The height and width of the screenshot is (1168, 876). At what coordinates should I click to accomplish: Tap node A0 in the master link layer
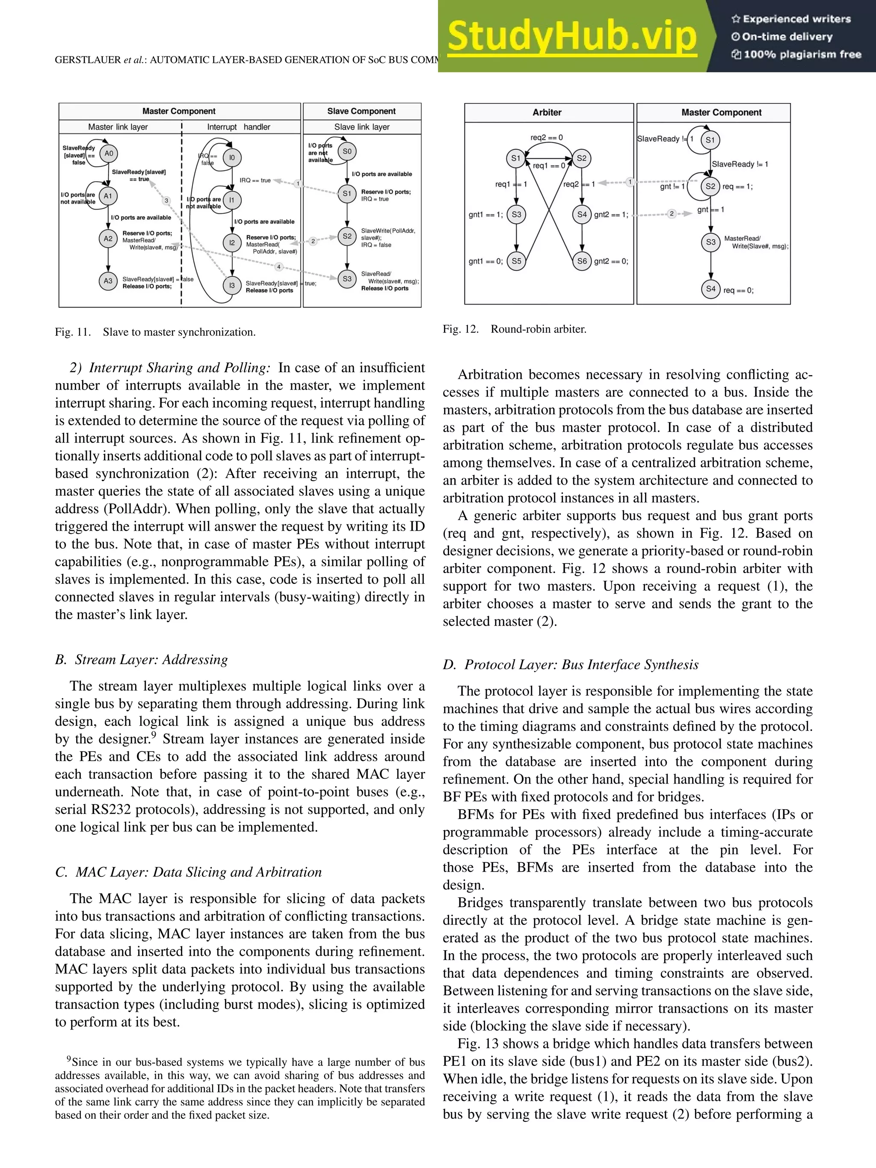109,154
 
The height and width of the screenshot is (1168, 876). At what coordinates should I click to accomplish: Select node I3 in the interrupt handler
231,286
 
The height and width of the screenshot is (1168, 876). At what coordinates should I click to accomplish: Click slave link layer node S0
347,151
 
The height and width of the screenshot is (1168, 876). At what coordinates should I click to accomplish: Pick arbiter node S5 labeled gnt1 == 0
516,261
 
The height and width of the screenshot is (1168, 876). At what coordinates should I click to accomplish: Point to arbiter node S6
581,261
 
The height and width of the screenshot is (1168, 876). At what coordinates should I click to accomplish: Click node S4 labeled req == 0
711,289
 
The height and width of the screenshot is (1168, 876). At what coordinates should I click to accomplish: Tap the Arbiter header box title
547,112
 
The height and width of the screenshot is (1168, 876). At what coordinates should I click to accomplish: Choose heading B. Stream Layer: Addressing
142,659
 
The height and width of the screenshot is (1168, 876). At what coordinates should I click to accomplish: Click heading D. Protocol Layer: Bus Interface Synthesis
570,665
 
